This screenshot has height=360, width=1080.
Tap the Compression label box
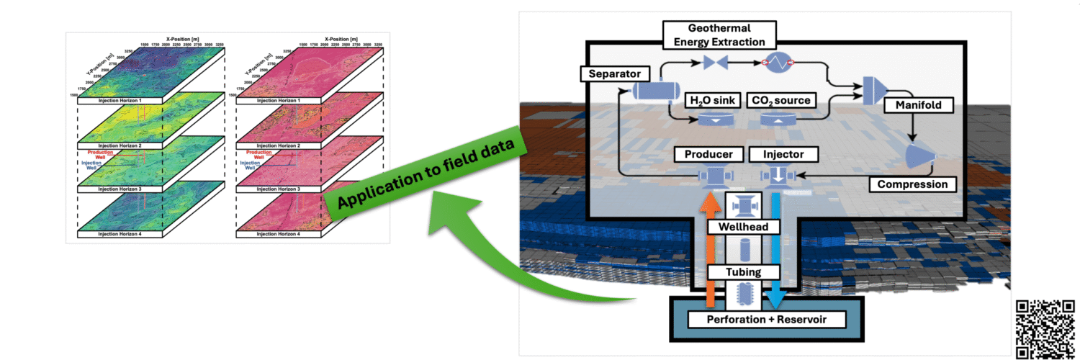click(x=913, y=184)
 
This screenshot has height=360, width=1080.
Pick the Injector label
click(x=776, y=154)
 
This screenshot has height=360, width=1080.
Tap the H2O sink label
click(x=713, y=100)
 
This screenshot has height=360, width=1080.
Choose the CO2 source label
click(x=782, y=100)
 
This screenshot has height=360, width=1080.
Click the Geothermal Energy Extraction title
click(x=713, y=34)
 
